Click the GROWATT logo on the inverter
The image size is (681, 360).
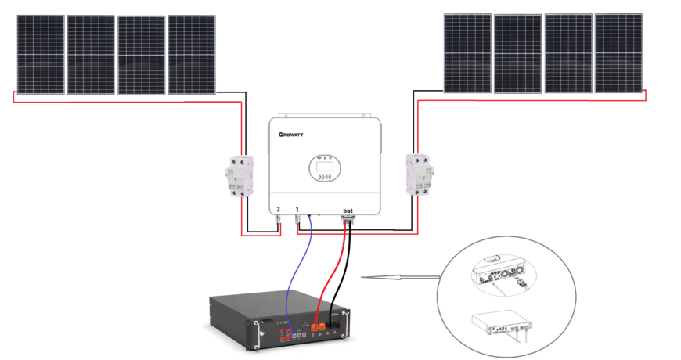(290, 135)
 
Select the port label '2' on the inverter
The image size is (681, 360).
(278, 210)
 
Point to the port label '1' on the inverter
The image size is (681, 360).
(297, 210)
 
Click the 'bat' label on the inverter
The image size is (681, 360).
(348, 210)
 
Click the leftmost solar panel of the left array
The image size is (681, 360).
(41, 55)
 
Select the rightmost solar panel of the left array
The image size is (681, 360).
(191, 55)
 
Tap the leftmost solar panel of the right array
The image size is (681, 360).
(467, 52)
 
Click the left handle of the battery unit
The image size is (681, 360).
(255, 333)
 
